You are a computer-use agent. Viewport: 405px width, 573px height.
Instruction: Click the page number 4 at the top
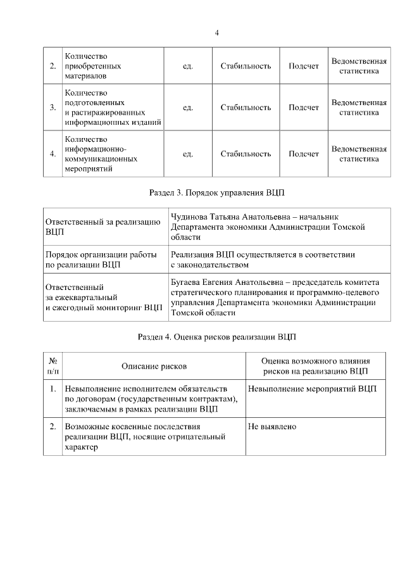pos(216,33)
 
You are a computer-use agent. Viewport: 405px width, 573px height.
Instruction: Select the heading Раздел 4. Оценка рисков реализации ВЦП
pos(216,336)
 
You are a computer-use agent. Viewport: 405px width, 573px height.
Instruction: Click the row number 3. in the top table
pos(53,108)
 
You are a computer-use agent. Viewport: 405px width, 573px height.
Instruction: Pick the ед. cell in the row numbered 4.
pos(187,154)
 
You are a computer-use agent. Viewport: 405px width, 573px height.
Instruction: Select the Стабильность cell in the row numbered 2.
pos(246,66)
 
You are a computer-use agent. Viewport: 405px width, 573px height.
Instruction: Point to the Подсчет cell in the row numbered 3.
pos(304,108)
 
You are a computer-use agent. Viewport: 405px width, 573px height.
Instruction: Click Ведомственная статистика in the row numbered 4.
pos(359,154)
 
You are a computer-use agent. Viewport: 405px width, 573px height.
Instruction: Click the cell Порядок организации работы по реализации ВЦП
pos(101,259)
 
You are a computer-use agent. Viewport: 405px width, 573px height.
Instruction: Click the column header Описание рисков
pos(154,365)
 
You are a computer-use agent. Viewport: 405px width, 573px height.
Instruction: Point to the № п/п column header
pos(53,365)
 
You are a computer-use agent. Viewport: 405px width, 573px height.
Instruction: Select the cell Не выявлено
pos(272,427)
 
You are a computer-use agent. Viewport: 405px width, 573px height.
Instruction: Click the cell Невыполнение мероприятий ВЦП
pos(312,388)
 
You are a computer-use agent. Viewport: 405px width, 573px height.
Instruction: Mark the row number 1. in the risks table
pos(53,388)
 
